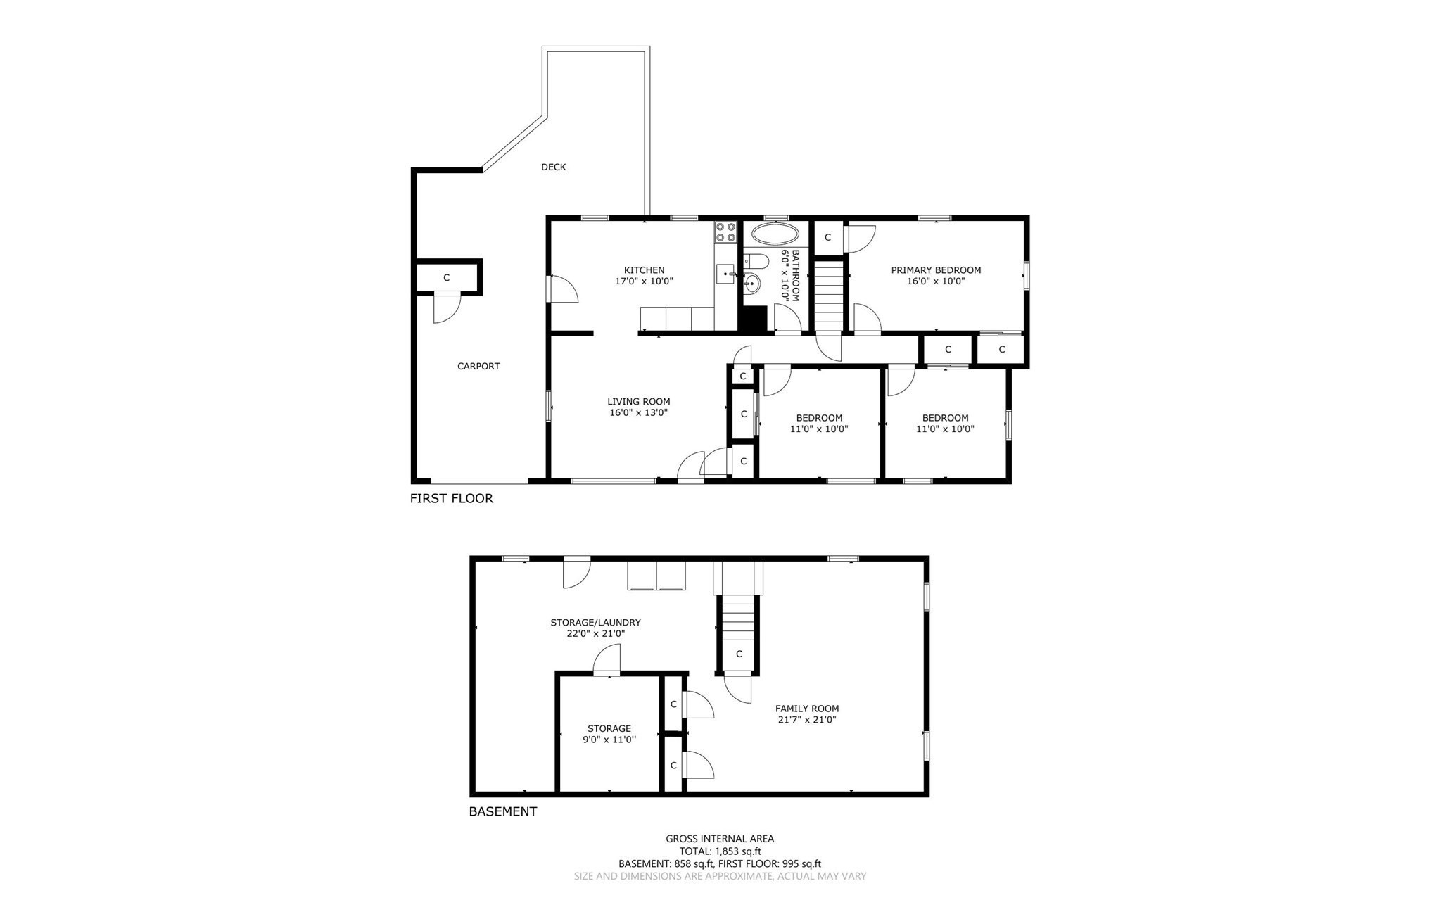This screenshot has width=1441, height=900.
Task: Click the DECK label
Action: [553, 167]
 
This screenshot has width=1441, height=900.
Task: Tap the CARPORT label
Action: [478, 366]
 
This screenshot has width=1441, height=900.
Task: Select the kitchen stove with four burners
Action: [725, 232]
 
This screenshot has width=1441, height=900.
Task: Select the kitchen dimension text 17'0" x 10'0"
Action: [644, 281]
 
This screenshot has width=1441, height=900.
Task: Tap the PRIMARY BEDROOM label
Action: [935, 270]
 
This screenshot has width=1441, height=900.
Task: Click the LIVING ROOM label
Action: [638, 402]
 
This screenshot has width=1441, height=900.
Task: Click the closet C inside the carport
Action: [446, 278]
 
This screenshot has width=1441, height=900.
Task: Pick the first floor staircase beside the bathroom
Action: [829, 296]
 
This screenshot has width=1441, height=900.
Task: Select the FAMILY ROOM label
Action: [806, 709]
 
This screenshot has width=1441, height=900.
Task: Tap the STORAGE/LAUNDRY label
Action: [595, 622]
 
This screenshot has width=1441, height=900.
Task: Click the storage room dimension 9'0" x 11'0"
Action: [609, 740]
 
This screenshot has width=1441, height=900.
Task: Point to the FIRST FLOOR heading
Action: [451, 499]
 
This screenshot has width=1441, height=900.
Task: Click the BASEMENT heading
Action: [502, 811]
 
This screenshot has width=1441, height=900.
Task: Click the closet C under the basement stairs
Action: [739, 654]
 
